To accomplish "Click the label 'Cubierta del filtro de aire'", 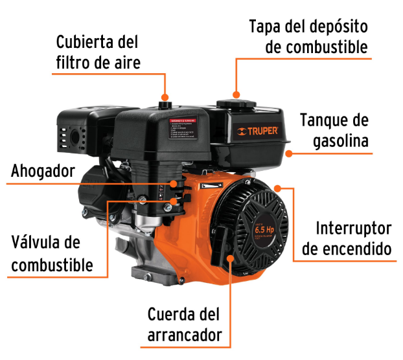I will coord(97,52).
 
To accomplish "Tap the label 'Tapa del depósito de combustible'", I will coord(308,38).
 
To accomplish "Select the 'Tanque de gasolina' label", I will coord(334,131).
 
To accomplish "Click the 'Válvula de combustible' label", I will coord(52,254).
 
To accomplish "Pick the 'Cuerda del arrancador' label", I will coord(185,325).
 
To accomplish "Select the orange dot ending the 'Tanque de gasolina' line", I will coord(288,154).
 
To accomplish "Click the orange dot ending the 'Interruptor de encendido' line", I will coord(278,188).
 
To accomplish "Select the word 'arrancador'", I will coord(185,335).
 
